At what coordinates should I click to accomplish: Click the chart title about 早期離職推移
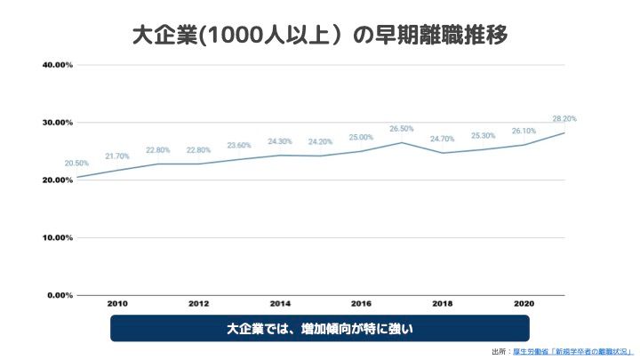tap(320, 36)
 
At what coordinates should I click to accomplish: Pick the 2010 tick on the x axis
tap(117, 304)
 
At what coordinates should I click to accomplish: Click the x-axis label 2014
tap(280, 304)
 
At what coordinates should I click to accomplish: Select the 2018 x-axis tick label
tap(442, 304)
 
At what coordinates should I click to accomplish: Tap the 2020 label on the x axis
tap(524, 304)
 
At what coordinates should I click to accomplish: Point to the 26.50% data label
tap(402, 129)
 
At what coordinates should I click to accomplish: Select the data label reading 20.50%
tap(76, 164)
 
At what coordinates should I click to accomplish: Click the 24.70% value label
tap(443, 139)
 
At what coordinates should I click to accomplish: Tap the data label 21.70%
tap(117, 156)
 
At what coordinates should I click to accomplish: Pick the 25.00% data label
tap(361, 138)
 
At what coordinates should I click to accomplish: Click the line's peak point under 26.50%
tap(402, 142)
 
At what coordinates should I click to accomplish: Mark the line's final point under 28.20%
tap(564, 132)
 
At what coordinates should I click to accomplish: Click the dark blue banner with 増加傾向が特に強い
tap(320, 329)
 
